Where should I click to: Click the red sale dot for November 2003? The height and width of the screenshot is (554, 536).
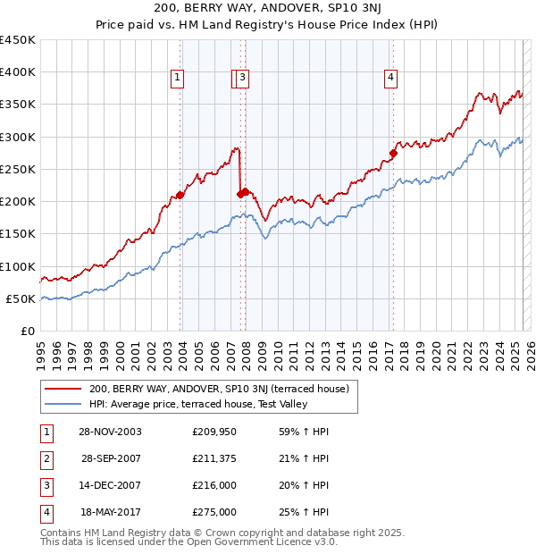[180, 195]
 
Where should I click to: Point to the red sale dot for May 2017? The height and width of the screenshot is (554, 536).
[393, 154]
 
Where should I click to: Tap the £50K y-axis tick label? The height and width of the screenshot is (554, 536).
[21, 298]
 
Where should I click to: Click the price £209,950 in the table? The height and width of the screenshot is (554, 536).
[214, 432]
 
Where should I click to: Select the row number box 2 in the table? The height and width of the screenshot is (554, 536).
[46, 458]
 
